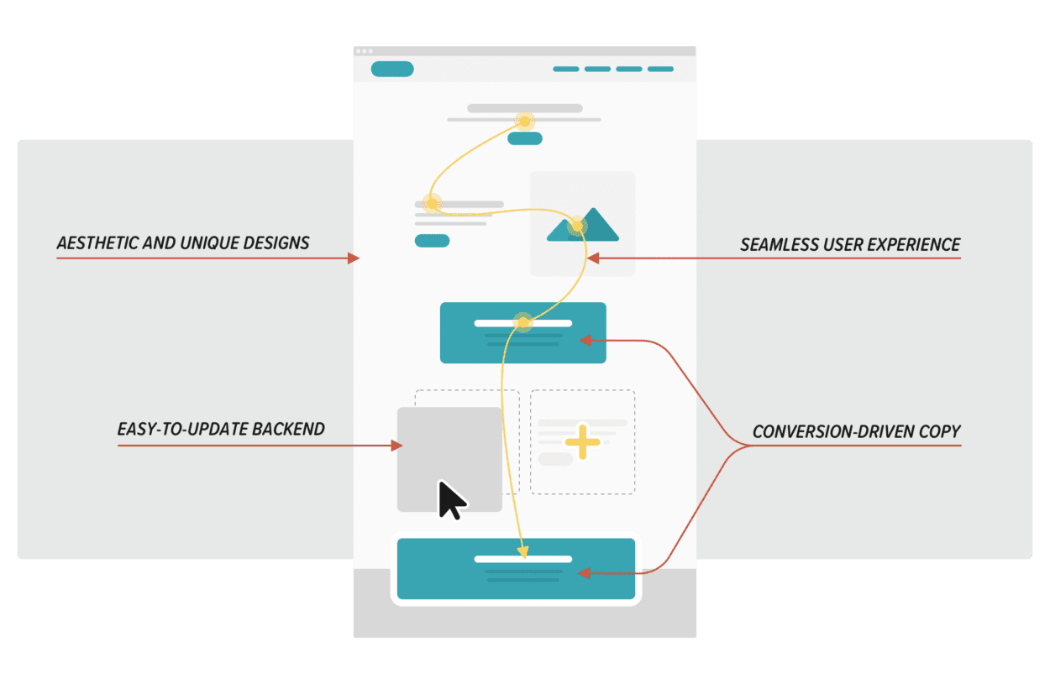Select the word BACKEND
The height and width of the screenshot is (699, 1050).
288,429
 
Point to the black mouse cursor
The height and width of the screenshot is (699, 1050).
451,500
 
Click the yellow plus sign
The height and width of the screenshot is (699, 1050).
583,441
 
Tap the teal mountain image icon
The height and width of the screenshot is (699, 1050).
583,225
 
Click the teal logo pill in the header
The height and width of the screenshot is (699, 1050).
392,69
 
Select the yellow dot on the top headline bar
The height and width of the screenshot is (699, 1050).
525,122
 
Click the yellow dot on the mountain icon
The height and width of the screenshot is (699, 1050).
578,227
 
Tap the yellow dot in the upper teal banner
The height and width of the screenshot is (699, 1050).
523,322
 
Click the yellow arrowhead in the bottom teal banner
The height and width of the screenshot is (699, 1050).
523,552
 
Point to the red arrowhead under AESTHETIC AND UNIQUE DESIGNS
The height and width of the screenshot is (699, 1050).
354,258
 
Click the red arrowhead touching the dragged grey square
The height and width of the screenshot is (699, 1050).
396,446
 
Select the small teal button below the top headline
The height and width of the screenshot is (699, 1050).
525,138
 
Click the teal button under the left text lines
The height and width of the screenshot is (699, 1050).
433,241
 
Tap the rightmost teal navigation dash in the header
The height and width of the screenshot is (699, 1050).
660,69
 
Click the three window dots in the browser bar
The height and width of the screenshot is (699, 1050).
365,51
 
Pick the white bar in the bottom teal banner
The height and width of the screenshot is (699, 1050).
523,559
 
